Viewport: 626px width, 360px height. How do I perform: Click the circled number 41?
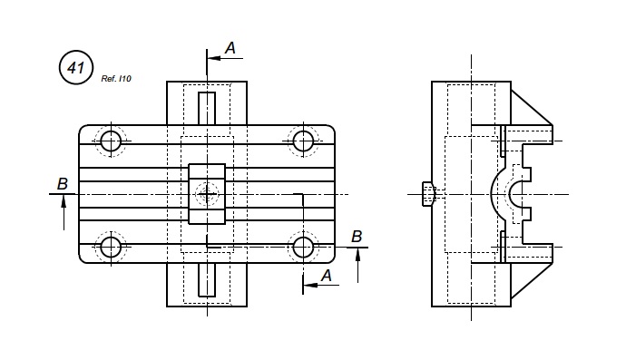[76, 67]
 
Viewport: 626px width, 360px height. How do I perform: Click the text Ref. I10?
[116, 79]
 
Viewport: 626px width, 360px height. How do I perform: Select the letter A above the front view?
[230, 48]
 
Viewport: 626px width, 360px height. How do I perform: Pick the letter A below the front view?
[327, 276]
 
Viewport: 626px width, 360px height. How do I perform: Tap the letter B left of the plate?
[63, 184]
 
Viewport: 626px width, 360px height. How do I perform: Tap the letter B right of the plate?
[357, 237]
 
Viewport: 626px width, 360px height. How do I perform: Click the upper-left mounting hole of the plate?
[111, 141]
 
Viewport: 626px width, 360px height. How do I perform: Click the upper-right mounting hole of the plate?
[303, 141]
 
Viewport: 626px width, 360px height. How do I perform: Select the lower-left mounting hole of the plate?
[111, 248]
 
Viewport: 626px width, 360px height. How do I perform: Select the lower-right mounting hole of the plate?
[303, 248]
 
